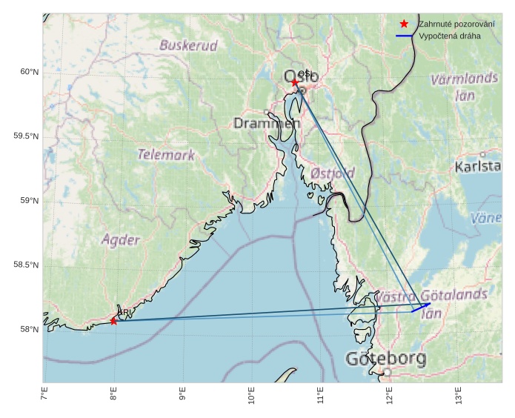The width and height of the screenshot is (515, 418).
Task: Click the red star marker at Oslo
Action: coord(295,82)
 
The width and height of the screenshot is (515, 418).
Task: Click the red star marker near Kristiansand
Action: coord(113,321)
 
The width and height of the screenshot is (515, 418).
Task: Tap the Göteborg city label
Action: coord(385,359)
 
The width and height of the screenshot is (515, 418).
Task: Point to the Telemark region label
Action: coord(166,155)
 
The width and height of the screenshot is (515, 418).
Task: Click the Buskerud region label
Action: coord(189,45)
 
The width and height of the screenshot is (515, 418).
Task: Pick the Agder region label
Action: coord(120,239)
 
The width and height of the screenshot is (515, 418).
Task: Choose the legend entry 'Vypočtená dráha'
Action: coord(449,36)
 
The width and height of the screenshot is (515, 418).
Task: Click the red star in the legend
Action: coord(404,24)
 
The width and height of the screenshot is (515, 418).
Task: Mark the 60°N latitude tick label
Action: coord(29,72)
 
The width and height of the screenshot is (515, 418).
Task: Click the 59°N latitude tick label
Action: coord(29,201)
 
